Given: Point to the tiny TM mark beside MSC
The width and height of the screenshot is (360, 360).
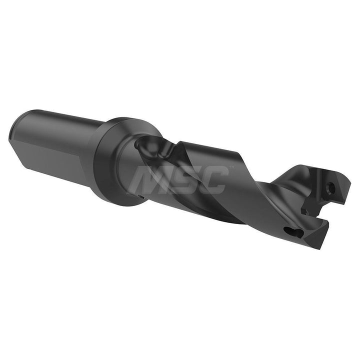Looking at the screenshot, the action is click(x=231, y=167).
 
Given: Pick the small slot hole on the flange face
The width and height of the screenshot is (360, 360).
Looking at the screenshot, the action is click(x=141, y=196).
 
